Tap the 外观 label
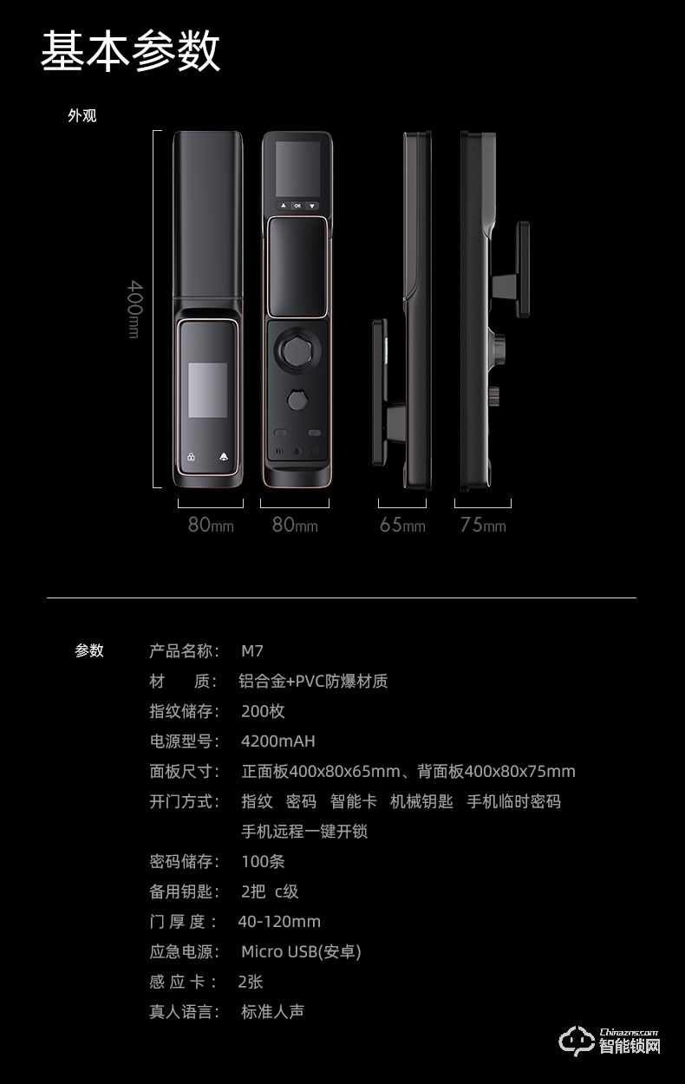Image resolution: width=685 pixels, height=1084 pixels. tap(82, 115)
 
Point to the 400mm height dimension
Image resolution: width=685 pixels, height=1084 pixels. tap(134, 309)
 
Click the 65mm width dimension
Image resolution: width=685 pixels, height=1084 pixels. tap(402, 525)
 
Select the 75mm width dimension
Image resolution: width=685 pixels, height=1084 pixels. tap(483, 525)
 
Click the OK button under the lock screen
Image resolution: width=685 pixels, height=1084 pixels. tap(297, 206)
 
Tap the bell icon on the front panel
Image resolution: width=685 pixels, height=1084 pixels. tap(224, 457)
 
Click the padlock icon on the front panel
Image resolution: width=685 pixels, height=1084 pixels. tap(191, 457)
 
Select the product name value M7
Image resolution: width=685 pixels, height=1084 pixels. tap(251, 651)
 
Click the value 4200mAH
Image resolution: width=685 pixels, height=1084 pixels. tap(277, 741)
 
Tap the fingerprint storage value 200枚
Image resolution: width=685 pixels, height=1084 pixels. tap(263, 711)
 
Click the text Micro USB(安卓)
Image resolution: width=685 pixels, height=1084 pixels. tap(301, 952)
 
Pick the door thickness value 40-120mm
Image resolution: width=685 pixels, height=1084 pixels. tap(279, 922)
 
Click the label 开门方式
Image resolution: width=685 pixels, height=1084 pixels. tap(184, 801)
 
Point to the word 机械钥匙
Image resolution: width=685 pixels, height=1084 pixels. tap(421, 801)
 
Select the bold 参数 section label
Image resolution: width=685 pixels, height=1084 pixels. tap(89, 651)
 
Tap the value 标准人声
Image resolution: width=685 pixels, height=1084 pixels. tap(272, 1012)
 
